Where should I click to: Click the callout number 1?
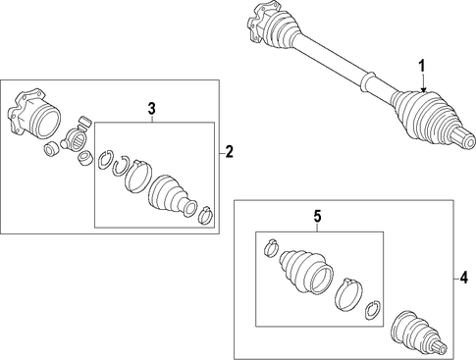[x=422, y=66]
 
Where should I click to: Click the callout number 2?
[x=229, y=152]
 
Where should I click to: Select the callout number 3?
[x=151, y=108]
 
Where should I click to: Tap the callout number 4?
[x=463, y=279]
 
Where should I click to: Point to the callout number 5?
[x=318, y=217]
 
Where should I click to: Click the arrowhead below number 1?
[x=424, y=90]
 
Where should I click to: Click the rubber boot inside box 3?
[x=173, y=196]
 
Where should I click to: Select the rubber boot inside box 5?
[x=306, y=272]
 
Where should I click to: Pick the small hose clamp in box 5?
[x=271, y=247]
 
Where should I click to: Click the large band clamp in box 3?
[x=138, y=176]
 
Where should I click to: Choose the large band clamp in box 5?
[x=349, y=294]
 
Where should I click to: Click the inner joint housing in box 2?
[x=33, y=115]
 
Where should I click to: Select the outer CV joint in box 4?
[x=418, y=334]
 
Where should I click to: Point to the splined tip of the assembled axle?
[x=463, y=138]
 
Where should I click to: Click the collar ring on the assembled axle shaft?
[x=367, y=81]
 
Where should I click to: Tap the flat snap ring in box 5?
[x=373, y=310]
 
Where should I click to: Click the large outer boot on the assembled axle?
[x=424, y=117]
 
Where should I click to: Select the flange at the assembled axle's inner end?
[x=261, y=22]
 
